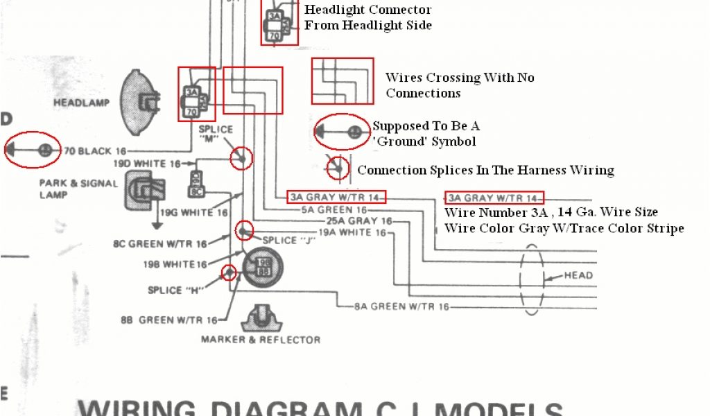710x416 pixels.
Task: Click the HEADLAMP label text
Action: [82, 103]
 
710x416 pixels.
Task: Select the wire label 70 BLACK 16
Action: [96, 150]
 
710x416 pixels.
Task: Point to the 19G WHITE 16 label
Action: [194, 213]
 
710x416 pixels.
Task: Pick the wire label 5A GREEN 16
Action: [334, 209]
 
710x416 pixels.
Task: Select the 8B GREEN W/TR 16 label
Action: [178, 320]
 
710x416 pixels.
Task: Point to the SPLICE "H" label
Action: [174, 290]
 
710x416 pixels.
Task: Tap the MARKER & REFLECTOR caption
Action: [261, 340]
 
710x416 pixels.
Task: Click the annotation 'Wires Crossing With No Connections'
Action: [460, 85]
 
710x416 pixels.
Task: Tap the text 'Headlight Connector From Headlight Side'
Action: [367, 17]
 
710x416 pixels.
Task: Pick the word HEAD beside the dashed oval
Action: [578, 275]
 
